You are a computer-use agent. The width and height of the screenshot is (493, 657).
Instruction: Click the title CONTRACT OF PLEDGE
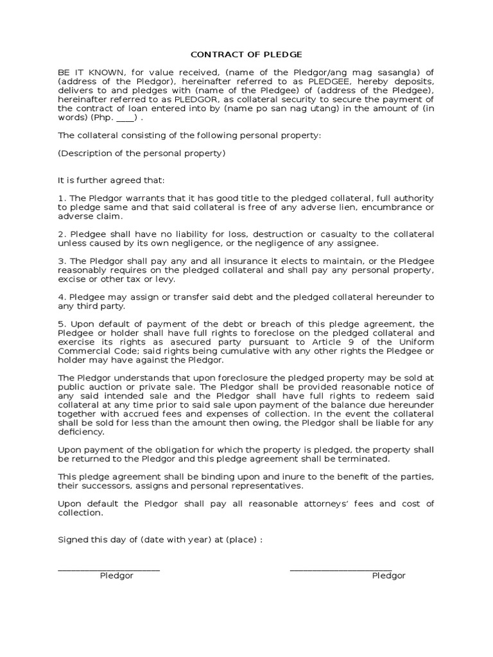(246, 55)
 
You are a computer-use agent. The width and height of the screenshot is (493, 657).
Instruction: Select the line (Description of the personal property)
(142, 153)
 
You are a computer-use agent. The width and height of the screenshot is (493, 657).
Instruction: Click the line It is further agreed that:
(112, 180)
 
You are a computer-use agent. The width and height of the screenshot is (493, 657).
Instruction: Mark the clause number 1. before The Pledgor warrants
(62, 198)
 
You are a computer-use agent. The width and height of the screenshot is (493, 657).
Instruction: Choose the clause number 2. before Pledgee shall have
(62, 234)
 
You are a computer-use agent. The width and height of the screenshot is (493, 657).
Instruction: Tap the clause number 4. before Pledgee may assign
(62, 297)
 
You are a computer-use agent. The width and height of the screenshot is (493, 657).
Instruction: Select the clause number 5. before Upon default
(62, 324)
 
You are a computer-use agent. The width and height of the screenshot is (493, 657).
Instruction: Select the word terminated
(366, 459)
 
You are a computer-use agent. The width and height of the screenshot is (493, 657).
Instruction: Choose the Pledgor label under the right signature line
(388, 576)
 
